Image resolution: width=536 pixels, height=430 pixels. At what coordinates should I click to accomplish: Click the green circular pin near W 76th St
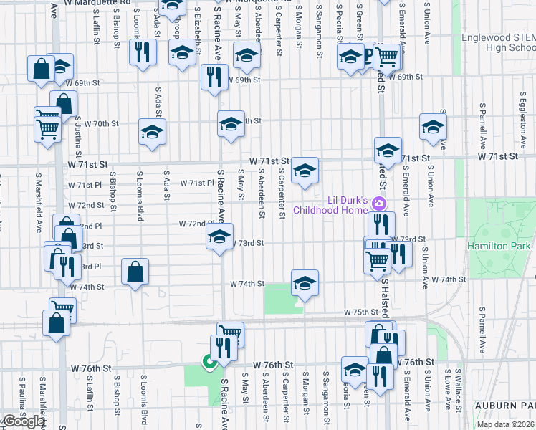pos(210,363)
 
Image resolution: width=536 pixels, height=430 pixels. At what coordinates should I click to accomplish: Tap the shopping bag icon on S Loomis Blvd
pos(135,272)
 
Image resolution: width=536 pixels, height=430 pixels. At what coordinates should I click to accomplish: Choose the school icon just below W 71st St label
pos(305,171)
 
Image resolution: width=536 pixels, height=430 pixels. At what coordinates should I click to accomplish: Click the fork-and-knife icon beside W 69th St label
pos(213,76)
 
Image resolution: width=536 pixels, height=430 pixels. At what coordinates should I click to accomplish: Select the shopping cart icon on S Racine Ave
pos(230,333)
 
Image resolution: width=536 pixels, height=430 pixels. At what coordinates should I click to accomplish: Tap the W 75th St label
pos(360,312)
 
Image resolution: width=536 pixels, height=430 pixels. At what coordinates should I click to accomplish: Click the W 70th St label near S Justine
pos(100,123)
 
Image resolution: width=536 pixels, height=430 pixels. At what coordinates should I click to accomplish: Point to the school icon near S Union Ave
pos(433,128)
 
